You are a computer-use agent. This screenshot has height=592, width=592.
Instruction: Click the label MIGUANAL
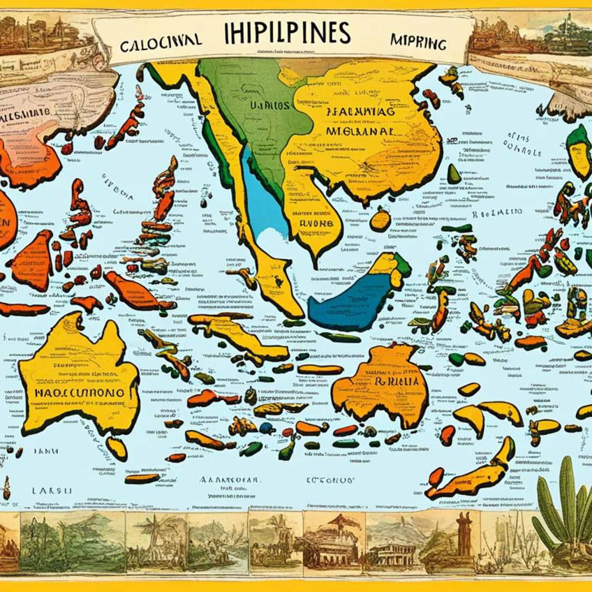click(359, 132)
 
